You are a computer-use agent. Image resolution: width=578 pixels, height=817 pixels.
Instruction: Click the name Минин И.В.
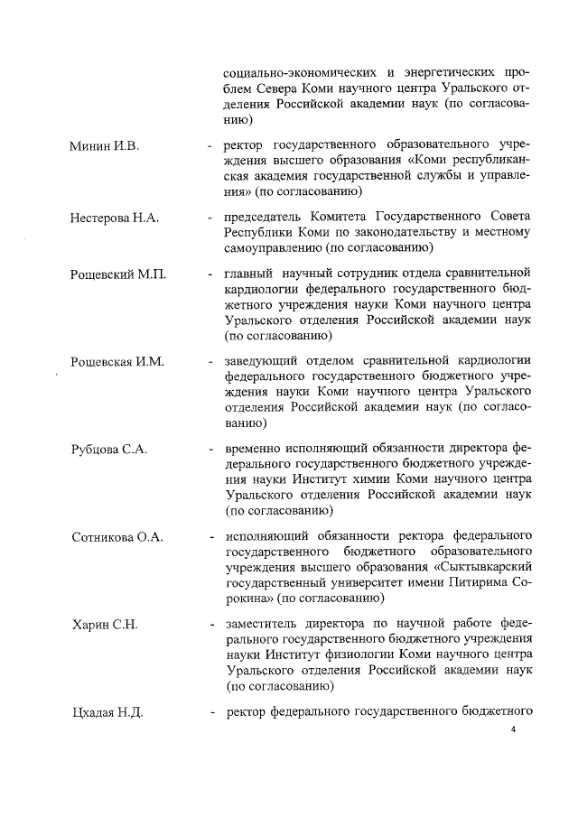(105, 145)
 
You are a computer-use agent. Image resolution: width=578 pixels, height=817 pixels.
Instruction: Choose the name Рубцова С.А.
(109, 449)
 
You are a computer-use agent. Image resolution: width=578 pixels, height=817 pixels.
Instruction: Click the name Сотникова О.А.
(117, 537)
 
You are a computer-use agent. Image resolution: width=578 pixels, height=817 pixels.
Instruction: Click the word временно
(257, 449)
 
